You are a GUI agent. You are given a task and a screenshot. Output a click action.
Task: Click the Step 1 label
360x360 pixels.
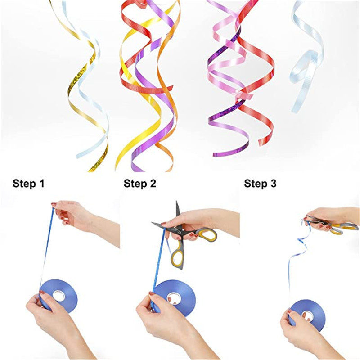point(28,184)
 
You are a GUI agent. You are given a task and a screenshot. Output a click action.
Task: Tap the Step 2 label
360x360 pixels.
point(140,184)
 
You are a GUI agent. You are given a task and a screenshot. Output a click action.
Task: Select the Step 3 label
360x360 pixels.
point(260,184)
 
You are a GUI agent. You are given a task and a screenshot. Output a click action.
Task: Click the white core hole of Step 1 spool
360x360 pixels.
point(59,296)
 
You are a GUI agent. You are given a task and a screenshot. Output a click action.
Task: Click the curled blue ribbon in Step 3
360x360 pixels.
point(298,248)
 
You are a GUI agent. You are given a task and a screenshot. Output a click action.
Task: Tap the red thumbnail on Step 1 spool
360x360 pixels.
point(42,292)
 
